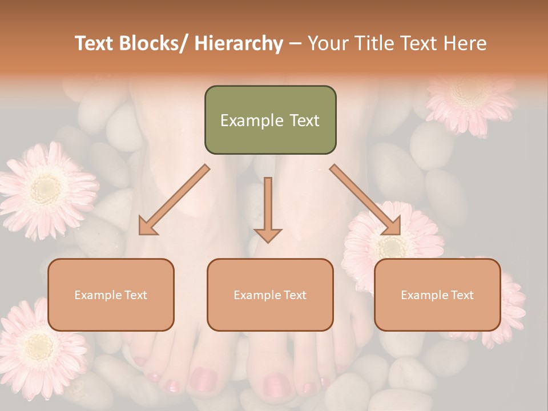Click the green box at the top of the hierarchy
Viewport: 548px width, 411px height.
270,120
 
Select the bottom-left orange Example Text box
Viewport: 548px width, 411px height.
111,295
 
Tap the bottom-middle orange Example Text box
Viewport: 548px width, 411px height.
270,295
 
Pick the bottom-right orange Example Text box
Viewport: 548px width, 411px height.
437,295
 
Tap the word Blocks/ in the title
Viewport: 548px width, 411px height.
154,44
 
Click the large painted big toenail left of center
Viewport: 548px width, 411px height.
203,380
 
